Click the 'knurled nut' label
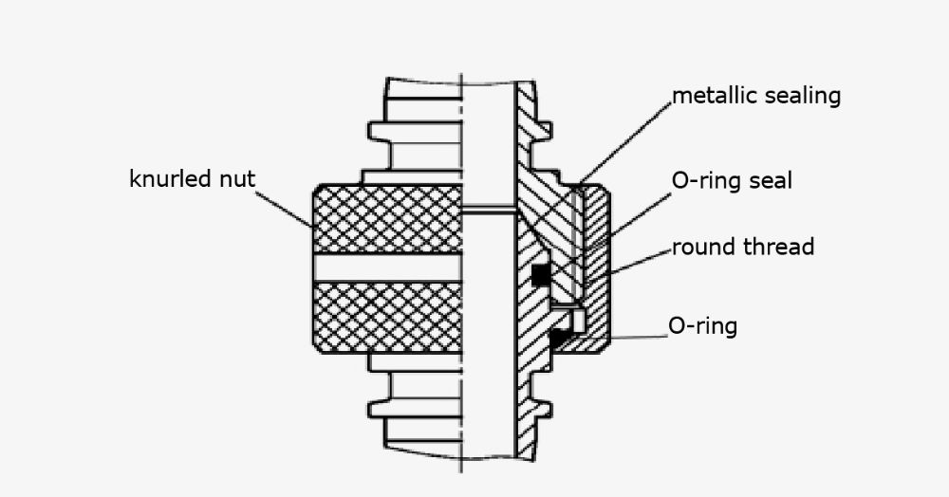[192, 178]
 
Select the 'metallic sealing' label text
[756, 96]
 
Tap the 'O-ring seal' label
[732, 180]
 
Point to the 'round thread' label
[743, 248]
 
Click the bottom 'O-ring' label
[703, 326]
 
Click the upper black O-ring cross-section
[540, 275]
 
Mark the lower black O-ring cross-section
[559, 336]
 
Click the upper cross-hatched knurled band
[387, 219]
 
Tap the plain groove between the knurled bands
[387, 268]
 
